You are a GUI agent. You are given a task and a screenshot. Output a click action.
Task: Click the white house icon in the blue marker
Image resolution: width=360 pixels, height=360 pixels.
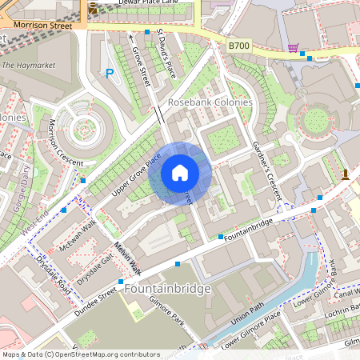pos(180,172)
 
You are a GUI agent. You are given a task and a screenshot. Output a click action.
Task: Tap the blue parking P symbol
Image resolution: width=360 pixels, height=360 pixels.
pos(110,74)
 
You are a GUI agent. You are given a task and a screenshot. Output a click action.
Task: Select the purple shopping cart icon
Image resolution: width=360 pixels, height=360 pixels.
pos(294,48)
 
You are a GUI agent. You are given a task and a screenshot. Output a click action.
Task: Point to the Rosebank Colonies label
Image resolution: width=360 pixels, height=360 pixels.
pos(210,103)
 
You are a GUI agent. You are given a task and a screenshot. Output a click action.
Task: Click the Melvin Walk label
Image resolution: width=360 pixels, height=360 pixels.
pos(127,258)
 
